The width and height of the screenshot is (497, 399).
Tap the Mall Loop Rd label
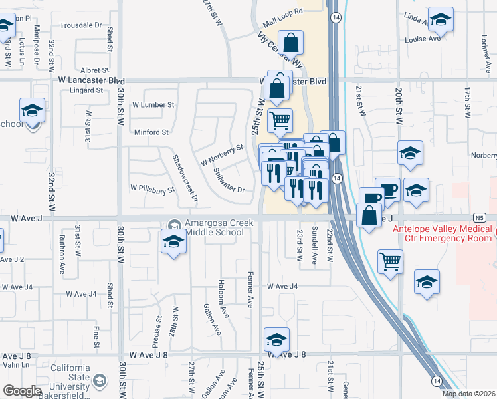tap(282, 11)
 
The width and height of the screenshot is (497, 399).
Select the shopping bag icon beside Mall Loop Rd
tap(291, 43)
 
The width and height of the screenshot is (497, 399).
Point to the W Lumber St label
tap(153, 104)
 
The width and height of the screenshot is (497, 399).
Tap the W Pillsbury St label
tap(152, 189)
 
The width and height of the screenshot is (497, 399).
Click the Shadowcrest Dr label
tap(185, 178)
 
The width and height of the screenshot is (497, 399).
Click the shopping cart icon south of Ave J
tap(390, 261)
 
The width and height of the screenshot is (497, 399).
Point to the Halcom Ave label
tap(224, 297)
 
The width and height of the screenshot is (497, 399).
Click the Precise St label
tap(157, 332)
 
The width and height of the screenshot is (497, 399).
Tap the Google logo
tap(22, 391)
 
